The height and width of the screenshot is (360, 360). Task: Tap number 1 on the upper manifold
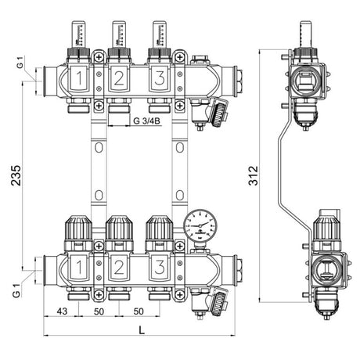pyautogui.click(x=81, y=79)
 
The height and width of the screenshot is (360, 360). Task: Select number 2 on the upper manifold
pyautogui.click(x=119, y=79)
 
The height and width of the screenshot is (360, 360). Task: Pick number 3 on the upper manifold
pyautogui.click(x=159, y=79)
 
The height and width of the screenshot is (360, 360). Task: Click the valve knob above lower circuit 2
pyautogui.click(x=119, y=229)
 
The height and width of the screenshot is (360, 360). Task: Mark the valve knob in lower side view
pyautogui.click(x=324, y=229)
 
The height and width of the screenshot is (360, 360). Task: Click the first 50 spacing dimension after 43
pyautogui.click(x=99, y=310)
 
